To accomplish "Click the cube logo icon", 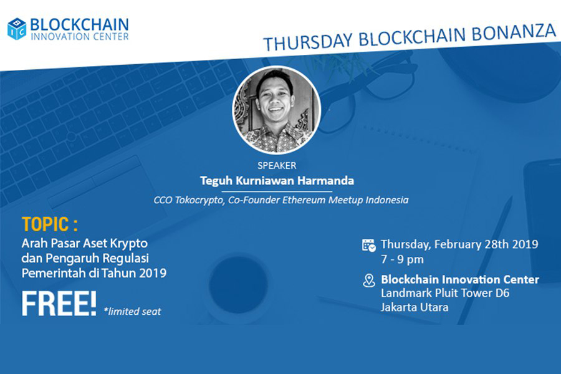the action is pyautogui.click(x=17, y=29).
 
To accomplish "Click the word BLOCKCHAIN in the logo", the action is pyautogui.click(x=79, y=25).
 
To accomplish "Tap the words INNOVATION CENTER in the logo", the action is pyautogui.click(x=79, y=37).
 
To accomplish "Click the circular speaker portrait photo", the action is pyautogui.click(x=277, y=110).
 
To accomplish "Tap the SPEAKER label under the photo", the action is pyautogui.click(x=277, y=166).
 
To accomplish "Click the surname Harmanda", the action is pyautogui.click(x=325, y=180).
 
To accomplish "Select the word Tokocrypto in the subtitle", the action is pyautogui.click(x=199, y=200).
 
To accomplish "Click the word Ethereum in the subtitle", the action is pyautogui.click(x=304, y=199).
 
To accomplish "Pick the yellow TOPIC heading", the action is pyautogui.click(x=50, y=224).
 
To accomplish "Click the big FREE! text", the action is pyautogui.click(x=59, y=304).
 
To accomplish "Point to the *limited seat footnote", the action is pyautogui.click(x=132, y=312).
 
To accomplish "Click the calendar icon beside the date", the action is pyautogui.click(x=369, y=245).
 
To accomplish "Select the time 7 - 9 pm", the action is pyautogui.click(x=402, y=259).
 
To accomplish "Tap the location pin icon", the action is pyautogui.click(x=369, y=280).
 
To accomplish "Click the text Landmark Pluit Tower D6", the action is pyautogui.click(x=445, y=293).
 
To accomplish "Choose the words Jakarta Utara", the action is pyautogui.click(x=415, y=307).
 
